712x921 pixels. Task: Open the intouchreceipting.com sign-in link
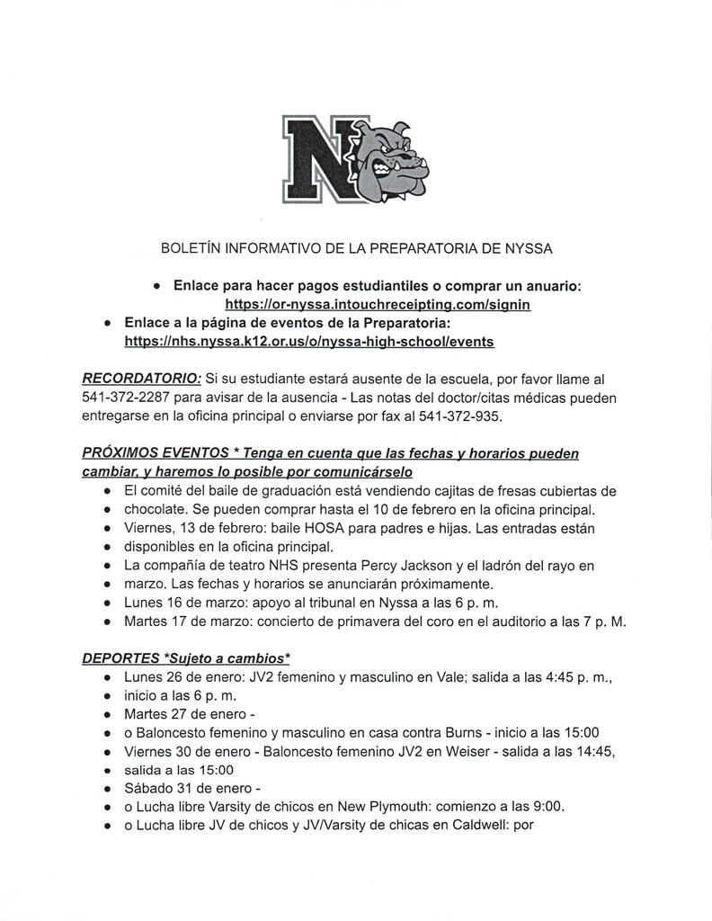coord(378,305)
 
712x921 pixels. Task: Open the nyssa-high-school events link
coord(308,342)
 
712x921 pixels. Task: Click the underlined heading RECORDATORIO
coord(141,380)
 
